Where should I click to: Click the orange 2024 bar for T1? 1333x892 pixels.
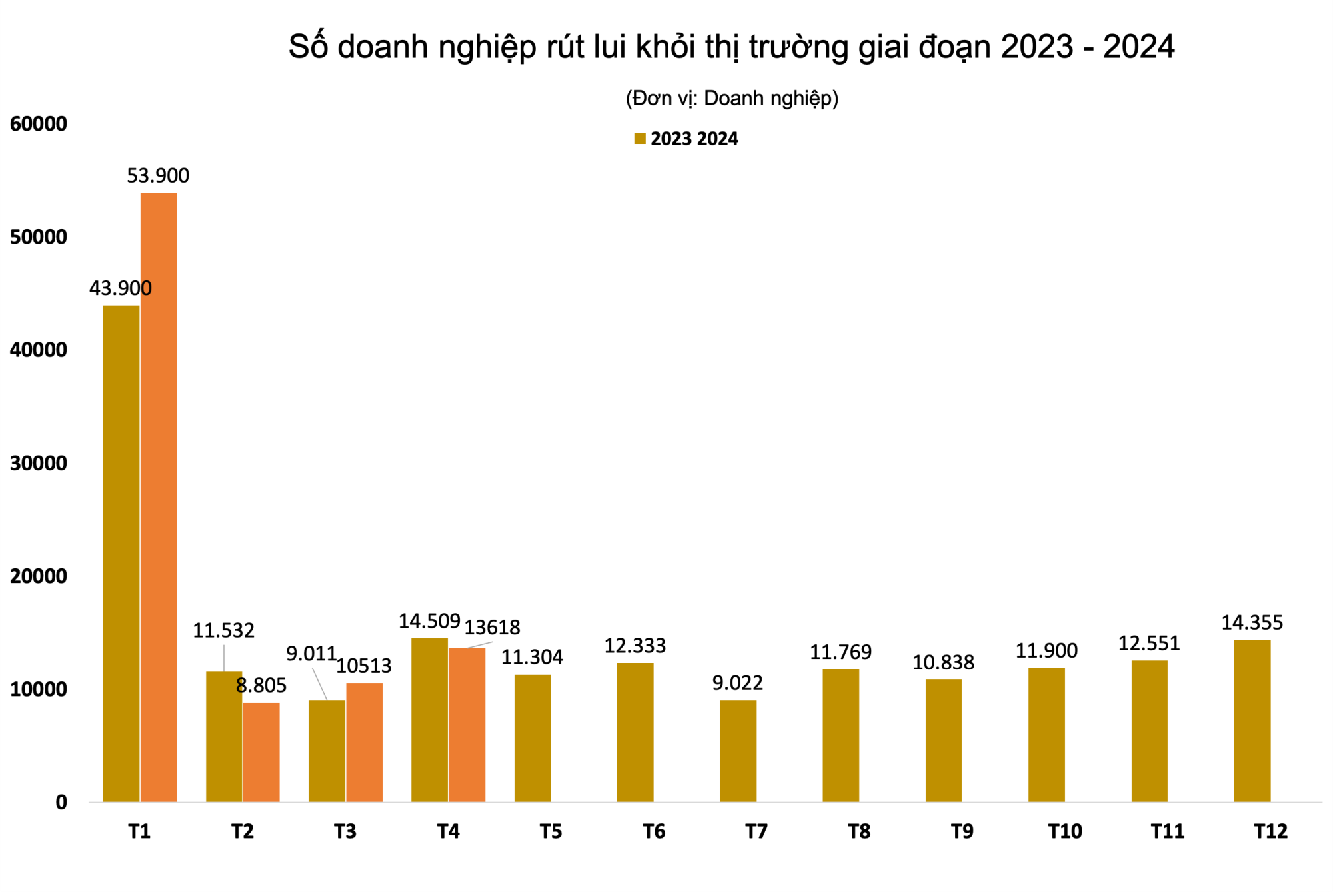[159, 496]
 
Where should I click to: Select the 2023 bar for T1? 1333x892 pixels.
[121, 553]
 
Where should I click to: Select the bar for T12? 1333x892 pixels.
[1252, 720]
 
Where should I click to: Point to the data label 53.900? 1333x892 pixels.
[158, 175]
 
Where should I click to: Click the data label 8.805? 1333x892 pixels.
[261, 685]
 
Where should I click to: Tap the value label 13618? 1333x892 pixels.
[492, 627]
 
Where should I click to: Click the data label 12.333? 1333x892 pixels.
[635, 645]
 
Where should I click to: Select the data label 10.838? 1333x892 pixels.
[943, 662]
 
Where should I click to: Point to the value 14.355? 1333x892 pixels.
[1252, 622]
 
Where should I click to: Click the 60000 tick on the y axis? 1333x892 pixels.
[39, 124]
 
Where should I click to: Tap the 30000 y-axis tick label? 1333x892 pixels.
[39, 463]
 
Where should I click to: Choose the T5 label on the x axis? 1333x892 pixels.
[551, 831]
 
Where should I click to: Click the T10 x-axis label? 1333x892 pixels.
[1064, 831]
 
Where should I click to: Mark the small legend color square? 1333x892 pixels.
[640, 139]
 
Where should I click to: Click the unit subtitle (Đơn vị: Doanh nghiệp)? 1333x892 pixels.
[732, 98]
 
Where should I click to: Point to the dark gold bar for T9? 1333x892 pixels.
[943, 740]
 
